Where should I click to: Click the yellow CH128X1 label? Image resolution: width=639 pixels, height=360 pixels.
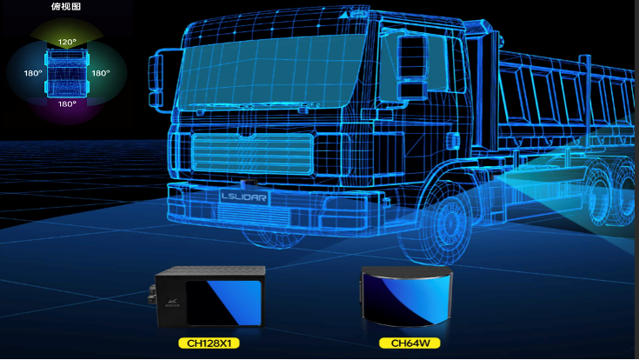tap(209, 343)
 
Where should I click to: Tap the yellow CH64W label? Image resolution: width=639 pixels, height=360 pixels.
tap(409, 343)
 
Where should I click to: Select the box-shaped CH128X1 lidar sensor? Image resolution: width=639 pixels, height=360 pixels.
tap(207, 297)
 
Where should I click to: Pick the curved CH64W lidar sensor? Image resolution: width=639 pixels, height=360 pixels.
tap(406, 297)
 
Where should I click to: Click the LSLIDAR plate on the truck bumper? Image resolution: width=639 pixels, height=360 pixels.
tap(243, 197)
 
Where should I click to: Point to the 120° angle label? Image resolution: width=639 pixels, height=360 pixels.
tap(67, 42)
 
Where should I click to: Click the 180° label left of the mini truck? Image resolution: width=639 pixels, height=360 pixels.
tap(33, 73)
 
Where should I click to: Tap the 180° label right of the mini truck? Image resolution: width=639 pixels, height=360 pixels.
tap(101, 73)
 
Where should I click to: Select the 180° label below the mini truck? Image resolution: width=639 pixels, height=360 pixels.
tap(67, 104)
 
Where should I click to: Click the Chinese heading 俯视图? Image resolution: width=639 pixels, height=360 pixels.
tap(66, 7)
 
